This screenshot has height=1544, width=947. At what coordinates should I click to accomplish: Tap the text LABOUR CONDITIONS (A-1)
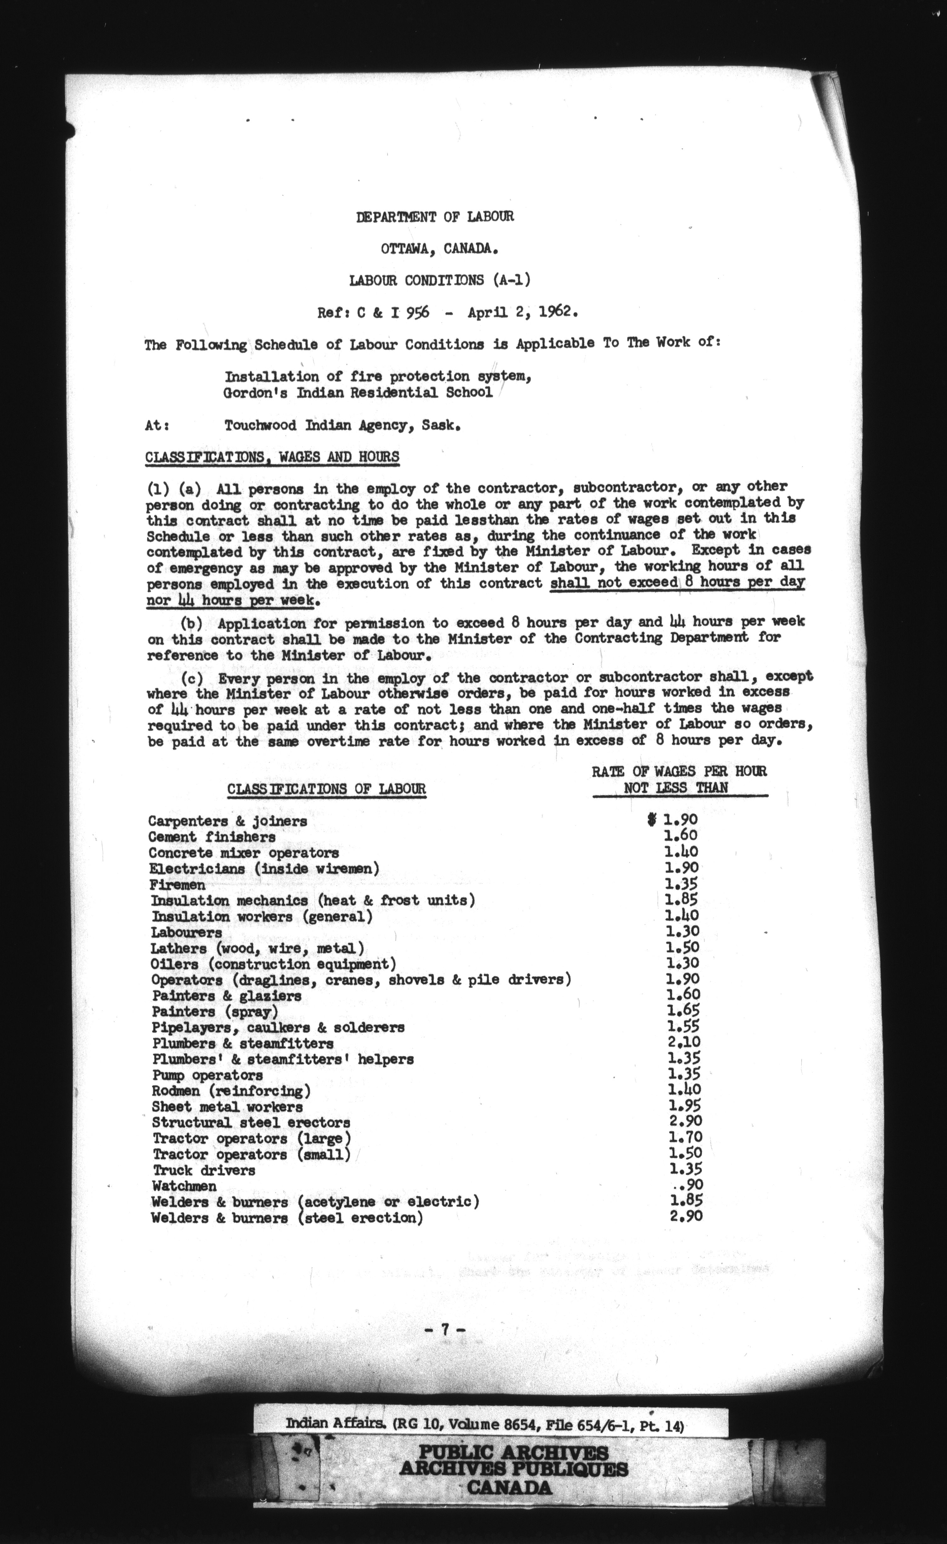point(439,280)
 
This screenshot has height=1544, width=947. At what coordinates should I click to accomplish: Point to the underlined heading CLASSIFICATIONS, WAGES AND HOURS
point(272,457)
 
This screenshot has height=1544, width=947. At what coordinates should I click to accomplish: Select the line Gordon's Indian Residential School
point(358,393)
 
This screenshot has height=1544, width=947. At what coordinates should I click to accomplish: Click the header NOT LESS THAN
point(676,788)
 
